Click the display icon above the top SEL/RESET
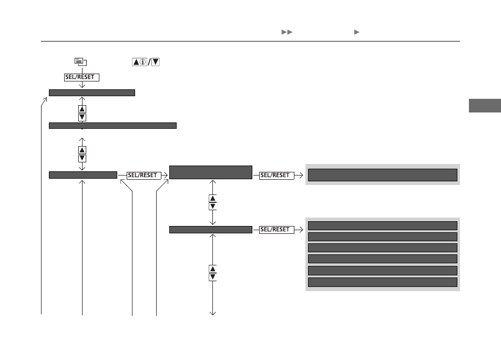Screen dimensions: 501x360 tap(80, 61)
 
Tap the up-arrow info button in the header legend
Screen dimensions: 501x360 tap(140, 62)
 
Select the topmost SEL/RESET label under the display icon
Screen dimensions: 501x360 tap(81, 77)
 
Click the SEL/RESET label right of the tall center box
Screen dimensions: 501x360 tap(277, 176)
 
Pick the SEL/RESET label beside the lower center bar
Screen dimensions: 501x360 tap(277, 230)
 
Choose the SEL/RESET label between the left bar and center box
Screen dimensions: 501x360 tap(144, 176)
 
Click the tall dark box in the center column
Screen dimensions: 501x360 tap(211, 172)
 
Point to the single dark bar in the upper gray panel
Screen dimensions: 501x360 tap(383, 175)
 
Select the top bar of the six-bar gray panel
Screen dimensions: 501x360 tap(383, 226)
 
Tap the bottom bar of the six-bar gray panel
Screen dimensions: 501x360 tap(383, 282)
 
